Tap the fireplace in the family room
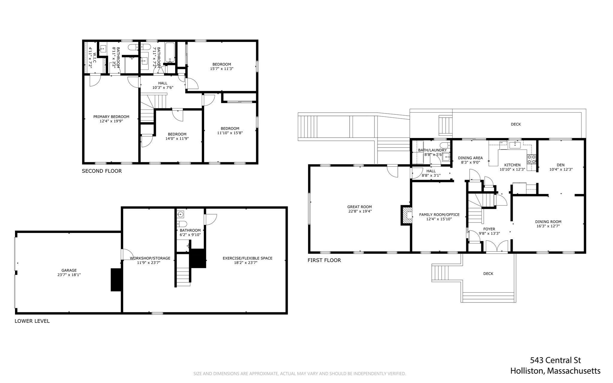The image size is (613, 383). [406, 215]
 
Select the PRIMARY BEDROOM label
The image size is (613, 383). [111, 117]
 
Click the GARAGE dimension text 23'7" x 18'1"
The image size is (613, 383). [69, 274]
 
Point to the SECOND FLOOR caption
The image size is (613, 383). [102, 171]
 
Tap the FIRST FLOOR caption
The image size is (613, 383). [324, 260]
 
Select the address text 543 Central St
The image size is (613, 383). [555, 360]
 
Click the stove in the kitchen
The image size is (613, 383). [532, 159]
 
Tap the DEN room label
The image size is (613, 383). [561, 165]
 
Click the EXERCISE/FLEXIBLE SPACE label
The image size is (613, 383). [248, 258]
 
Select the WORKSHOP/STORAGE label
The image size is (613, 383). [150, 258]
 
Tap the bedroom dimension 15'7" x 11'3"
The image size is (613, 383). [222, 69]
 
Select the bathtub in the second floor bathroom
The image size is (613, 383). [170, 53]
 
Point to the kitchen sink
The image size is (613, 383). [515, 146]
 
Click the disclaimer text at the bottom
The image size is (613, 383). [300, 373]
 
